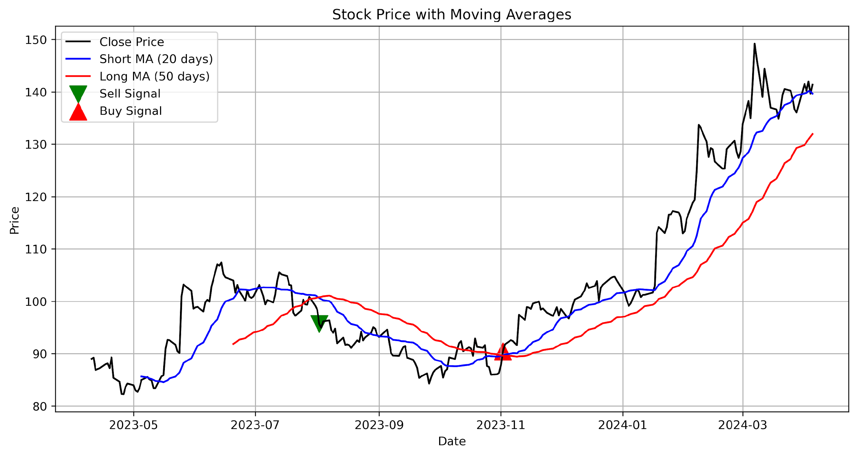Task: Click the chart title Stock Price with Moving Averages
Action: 451,15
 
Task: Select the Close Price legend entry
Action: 132,42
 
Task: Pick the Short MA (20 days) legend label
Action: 156,59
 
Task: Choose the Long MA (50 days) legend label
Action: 154,76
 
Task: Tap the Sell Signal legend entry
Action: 130,93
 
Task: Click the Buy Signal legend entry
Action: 131,111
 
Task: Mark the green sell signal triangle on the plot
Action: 319,322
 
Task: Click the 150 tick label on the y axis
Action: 36,40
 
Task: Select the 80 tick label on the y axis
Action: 40,406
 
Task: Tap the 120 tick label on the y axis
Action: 36,197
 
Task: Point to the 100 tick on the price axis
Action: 36,302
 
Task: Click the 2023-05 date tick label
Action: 133,425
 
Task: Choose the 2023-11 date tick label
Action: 500,425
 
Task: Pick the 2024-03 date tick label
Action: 743,425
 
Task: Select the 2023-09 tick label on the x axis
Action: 379,425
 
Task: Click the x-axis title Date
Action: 451,441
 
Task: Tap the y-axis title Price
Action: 14,220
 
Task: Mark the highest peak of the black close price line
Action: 755,44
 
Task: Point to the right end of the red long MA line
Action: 813,134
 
